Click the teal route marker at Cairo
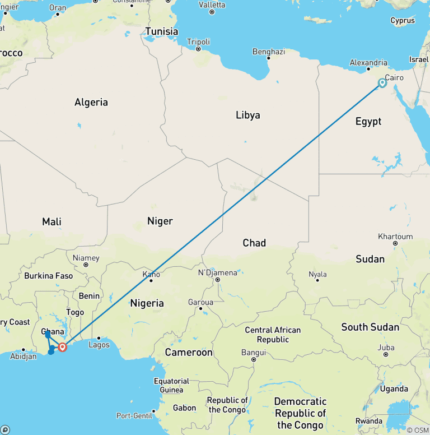382,83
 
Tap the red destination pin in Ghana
62,347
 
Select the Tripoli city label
199,42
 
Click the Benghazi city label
269,52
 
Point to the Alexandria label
368,63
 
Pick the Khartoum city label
395,237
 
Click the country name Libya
247,115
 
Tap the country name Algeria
91,102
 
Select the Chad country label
254,243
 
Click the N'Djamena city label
218,272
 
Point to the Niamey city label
86,258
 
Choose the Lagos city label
99,345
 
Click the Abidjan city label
24,356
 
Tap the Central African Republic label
273,335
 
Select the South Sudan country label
370,327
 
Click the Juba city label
386,348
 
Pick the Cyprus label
403,21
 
